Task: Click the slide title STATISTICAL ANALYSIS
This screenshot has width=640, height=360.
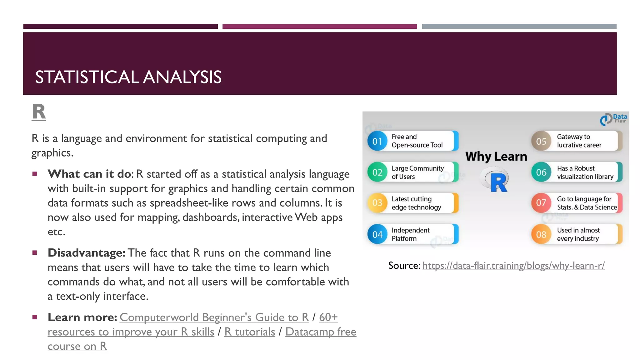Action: point(128,77)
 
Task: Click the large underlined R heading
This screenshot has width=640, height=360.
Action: point(39,112)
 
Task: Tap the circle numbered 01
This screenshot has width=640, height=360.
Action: point(377,141)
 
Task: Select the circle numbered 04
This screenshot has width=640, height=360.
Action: point(377,234)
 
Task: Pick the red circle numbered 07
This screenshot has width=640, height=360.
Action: point(541,203)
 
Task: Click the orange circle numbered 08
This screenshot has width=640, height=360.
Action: point(541,234)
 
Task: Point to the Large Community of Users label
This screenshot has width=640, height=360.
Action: point(417,172)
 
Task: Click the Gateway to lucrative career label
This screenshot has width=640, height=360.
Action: point(579,141)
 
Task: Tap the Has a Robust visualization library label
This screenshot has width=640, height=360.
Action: point(585,172)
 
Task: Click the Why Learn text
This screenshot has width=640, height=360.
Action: point(496,156)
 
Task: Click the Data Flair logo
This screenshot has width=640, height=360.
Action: point(613,119)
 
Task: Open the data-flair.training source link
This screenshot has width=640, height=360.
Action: point(513,266)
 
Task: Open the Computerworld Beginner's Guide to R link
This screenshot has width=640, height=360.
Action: point(214,317)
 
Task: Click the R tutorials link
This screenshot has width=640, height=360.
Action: point(249,332)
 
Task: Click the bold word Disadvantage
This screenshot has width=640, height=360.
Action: point(86,253)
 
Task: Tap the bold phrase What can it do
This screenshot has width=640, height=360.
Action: point(89,174)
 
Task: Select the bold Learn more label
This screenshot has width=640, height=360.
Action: point(82,317)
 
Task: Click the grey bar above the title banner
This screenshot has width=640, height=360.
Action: point(519,27)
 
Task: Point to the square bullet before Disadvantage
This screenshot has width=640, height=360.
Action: point(35,252)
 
